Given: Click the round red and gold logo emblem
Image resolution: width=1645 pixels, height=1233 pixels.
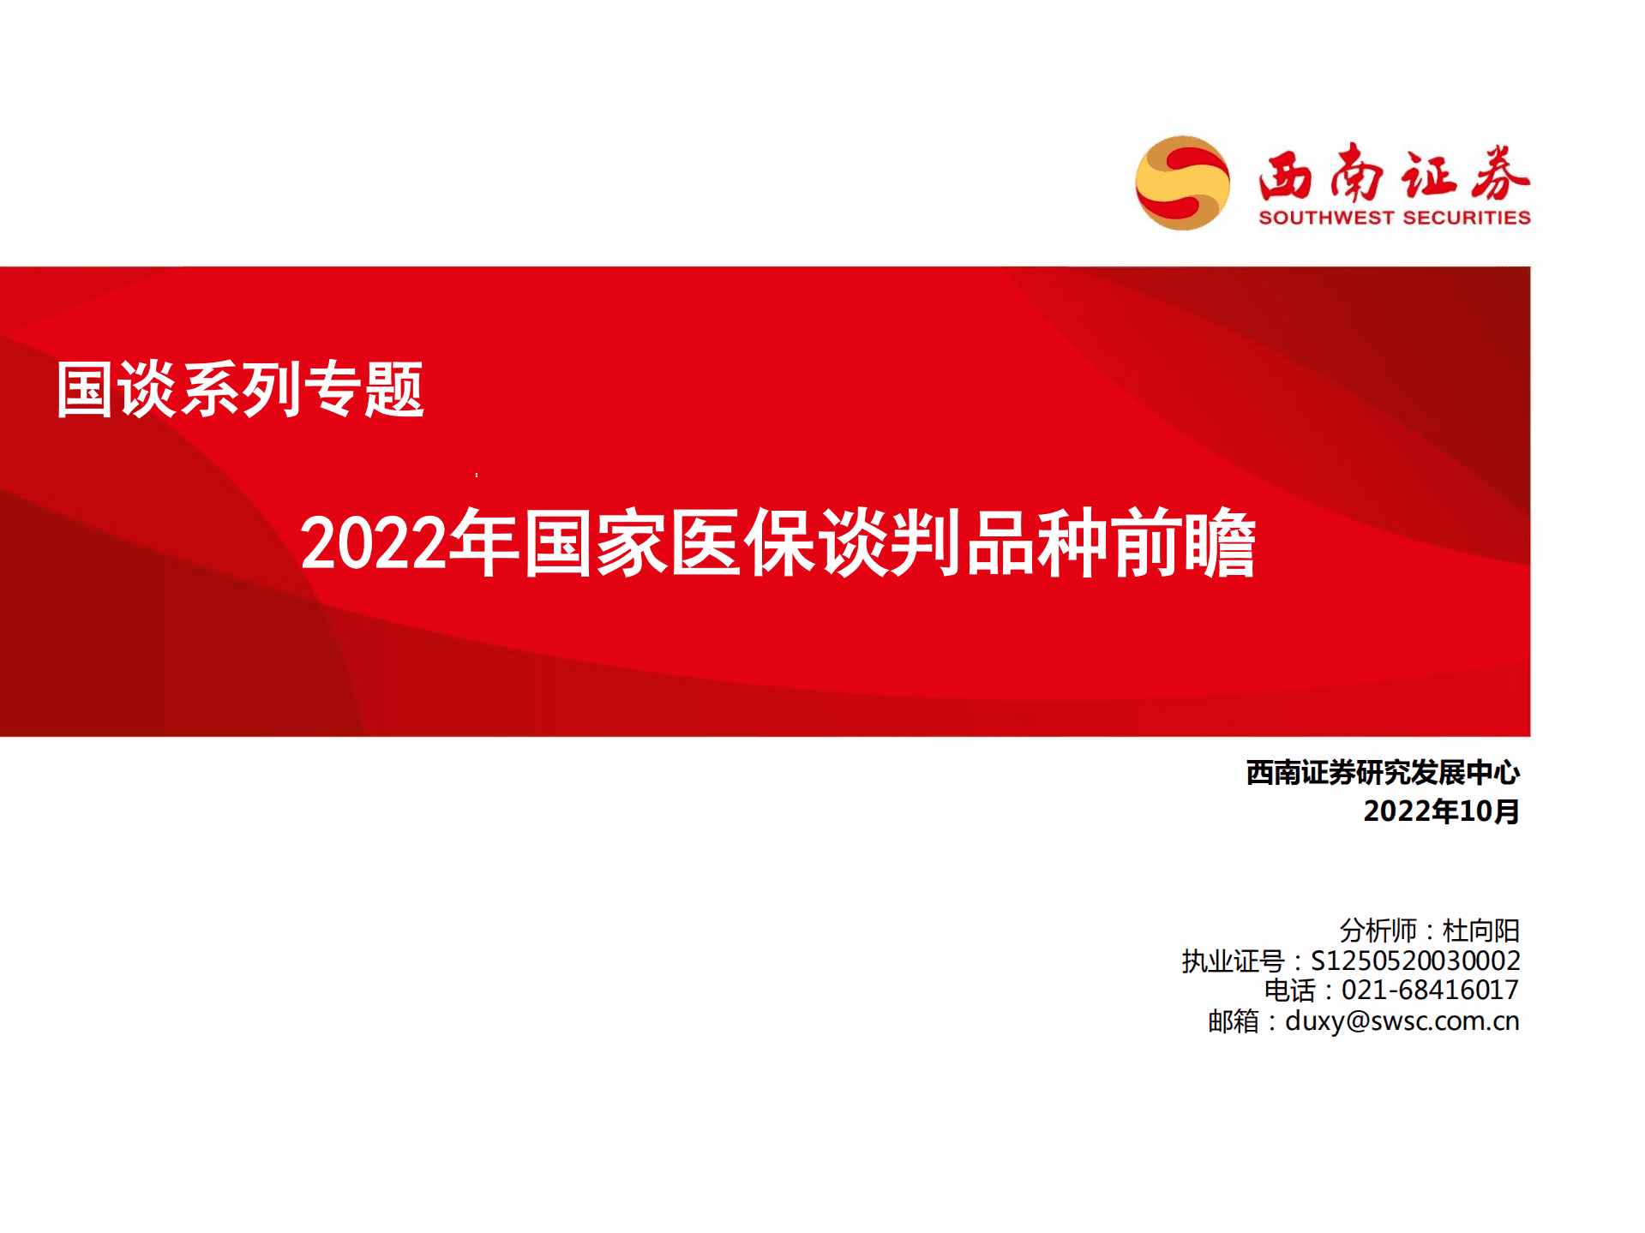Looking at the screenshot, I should (x=1182, y=183).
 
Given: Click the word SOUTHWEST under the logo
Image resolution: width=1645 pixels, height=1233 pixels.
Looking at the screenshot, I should (x=1326, y=218).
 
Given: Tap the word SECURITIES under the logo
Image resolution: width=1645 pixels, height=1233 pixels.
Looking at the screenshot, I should (x=1467, y=218).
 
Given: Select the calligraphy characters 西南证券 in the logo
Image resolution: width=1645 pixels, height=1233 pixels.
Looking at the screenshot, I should (x=1394, y=174).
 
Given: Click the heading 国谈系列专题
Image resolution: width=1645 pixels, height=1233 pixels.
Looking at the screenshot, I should (x=240, y=390).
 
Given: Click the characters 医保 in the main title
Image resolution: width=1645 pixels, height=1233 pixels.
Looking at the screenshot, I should (x=744, y=543).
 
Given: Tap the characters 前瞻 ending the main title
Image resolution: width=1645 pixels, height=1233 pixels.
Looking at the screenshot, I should (x=1184, y=543).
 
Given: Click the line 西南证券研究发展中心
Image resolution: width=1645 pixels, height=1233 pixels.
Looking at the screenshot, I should (x=1382, y=773).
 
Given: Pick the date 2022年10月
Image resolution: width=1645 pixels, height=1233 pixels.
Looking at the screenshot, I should (x=1441, y=811).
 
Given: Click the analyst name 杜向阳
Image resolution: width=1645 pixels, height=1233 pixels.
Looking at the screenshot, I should (x=1480, y=931).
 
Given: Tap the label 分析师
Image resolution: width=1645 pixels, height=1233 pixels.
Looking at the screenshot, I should (x=1378, y=931).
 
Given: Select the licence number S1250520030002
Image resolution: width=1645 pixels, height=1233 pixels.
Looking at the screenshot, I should (x=1415, y=961).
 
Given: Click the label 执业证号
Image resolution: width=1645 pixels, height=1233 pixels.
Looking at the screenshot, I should (x=1233, y=961).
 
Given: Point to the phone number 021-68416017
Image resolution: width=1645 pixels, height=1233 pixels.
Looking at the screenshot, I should (x=1430, y=991).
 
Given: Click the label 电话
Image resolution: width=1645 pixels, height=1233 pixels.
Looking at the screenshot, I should (x=1289, y=991).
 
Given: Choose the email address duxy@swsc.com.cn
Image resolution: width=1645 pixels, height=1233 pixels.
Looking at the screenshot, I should (x=1402, y=1021).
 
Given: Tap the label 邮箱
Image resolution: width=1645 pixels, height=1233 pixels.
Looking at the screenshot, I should (x=1234, y=1021).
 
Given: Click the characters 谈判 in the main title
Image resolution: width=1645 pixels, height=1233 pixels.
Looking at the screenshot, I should (x=892, y=543).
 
